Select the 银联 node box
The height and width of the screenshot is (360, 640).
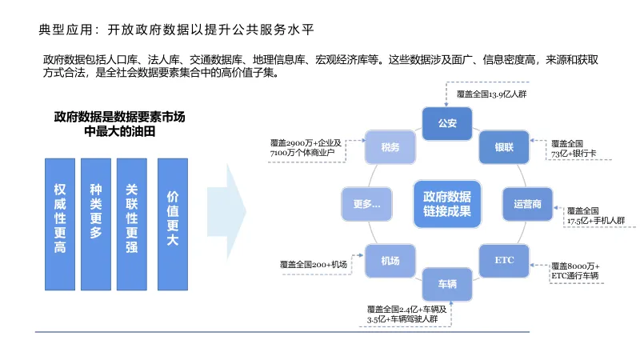(x=503, y=147)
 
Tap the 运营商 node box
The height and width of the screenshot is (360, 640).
(x=526, y=203)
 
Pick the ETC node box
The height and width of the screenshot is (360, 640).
(x=504, y=261)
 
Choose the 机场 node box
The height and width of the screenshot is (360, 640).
(x=391, y=261)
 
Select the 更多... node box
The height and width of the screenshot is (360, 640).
(x=366, y=204)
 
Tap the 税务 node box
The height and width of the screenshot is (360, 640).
(x=390, y=147)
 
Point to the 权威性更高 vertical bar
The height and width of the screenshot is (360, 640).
(x=60, y=224)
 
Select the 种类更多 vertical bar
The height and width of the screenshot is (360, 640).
(x=96, y=224)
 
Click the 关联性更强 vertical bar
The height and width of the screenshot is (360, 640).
(x=132, y=224)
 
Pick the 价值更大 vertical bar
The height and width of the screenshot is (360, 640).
(x=172, y=224)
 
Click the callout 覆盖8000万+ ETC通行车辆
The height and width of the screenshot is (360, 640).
(x=575, y=270)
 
